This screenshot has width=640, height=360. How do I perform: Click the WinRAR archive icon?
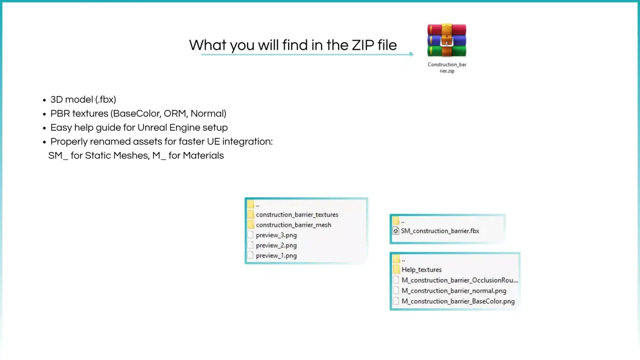point(446,41)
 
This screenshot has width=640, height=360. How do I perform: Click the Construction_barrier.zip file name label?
point(447,68)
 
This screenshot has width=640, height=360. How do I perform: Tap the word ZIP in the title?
point(363,45)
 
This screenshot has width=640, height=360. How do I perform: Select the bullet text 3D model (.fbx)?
point(83,100)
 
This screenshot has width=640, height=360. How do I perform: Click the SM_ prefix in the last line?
point(58,156)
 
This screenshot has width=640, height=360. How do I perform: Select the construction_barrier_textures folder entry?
point(297,214)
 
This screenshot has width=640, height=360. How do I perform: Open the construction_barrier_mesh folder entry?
point(293,225)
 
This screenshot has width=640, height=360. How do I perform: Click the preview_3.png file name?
point(276,235)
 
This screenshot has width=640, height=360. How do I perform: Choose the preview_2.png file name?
point(276,245)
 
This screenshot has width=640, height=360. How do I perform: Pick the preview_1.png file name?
point(276,255)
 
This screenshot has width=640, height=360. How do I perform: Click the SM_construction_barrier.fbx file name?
point(440,231)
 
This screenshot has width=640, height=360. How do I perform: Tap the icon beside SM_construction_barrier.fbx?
point(396,231)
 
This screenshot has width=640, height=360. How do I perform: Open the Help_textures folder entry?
point(421,270)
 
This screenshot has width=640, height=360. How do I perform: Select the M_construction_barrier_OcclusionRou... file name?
point(460,281)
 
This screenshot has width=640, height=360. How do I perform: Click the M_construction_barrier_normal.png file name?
point(454,291)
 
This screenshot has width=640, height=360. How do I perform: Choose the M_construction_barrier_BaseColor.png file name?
point(458,301)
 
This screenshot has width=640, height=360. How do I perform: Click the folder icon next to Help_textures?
point(396,269)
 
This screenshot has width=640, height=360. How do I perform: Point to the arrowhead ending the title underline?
point(411,54)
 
